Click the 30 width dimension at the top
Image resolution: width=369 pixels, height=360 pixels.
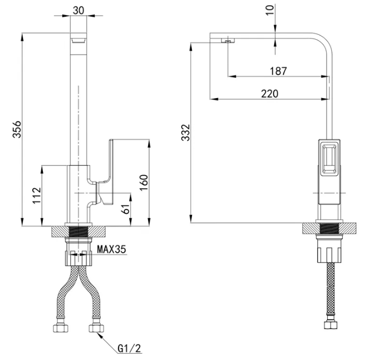click(x=79, y=10)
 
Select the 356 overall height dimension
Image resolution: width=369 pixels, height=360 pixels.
click(x=17, y=129)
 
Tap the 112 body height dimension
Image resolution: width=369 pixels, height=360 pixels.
click(x=36, y=196)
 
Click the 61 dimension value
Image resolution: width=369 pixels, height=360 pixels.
click(x=127, y=208)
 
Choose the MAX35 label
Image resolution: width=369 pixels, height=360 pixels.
click(x=112, y=249)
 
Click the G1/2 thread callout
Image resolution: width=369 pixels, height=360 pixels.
click(x=129, y=348)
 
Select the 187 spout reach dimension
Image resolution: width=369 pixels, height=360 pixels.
click(x=278, y=71)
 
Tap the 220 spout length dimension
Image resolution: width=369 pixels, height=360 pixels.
click(x=270, y=94)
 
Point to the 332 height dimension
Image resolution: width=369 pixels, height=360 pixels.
click(x=186, y=132)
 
